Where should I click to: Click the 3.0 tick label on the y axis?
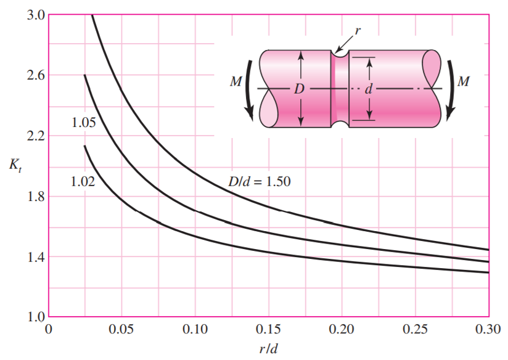[x=35, y=15]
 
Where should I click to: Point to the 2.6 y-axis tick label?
[x=35, y=75]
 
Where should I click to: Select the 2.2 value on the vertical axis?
[x=35, y=136]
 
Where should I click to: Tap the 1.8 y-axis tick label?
[x=35, y=197]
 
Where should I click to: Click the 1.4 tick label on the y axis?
[x=35, y=257]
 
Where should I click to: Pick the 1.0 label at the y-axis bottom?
[x=35, y=317]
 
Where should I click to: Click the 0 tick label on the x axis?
[x=49, y=329]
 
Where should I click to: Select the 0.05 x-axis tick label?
[x=121, y=329]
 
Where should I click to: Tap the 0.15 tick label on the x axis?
[x=269, y=329]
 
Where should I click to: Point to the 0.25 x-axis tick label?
[x=416, y=329]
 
